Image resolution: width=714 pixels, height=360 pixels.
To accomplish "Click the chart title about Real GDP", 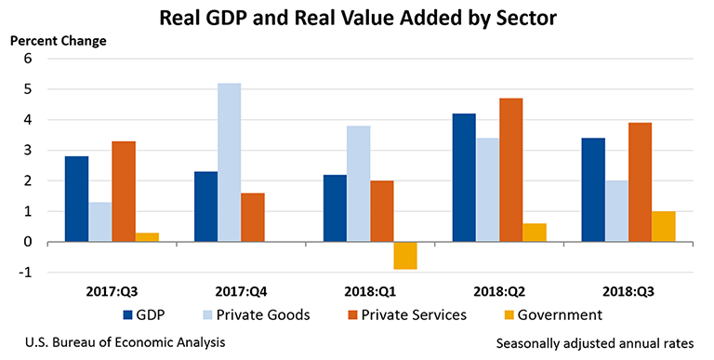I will coord(357,17).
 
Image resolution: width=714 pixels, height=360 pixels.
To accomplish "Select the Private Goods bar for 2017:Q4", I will coord(229,163).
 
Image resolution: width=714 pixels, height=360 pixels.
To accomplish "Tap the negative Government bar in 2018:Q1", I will coord(405,256).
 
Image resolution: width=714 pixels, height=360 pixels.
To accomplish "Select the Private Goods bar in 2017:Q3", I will coord(102,221).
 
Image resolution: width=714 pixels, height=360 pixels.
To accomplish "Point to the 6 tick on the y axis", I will coord(28,59).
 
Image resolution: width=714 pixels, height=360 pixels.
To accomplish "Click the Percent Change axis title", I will coord(58,41).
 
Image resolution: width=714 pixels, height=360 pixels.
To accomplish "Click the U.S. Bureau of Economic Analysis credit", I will coord(119,343).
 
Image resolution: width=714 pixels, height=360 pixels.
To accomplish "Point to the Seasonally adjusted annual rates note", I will coord(601,343).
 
